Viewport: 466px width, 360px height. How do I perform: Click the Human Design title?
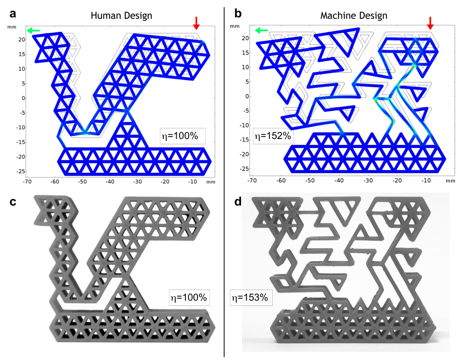(121, 15)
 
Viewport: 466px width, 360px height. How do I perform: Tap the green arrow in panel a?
(33, 31)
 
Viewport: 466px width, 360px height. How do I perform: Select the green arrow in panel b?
(261, 31)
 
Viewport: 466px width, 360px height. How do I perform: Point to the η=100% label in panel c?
(188, 297)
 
